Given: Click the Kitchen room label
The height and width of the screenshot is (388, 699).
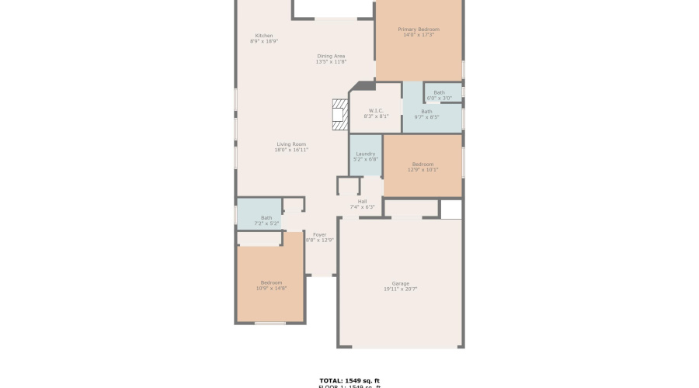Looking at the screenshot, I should [264, 36].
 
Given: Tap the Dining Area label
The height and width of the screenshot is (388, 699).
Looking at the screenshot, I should [331, 56].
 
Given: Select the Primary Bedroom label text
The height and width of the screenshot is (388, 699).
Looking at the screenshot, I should [419, 29].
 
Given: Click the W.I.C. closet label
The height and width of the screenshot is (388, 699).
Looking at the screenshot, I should [376, 110].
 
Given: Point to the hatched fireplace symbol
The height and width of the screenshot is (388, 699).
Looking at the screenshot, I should [339, 113].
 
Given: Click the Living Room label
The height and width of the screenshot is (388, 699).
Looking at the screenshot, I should [291, 144].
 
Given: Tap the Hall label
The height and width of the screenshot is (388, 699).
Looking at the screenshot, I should [362, 201].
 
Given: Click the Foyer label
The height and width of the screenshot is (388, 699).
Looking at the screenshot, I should [319, 234].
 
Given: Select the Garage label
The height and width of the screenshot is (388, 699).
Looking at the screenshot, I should [400, 283].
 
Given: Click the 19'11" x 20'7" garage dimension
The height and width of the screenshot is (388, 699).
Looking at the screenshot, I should [400, 289].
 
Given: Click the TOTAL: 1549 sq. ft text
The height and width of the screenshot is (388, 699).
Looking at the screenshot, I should [349, 380].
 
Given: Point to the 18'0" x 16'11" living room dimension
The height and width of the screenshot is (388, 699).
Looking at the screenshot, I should [291, 150].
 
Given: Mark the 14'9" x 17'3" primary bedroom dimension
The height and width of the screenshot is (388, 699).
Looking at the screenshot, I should [419, 35].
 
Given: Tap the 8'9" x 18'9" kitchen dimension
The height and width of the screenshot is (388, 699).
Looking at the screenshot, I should [264, 41].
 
